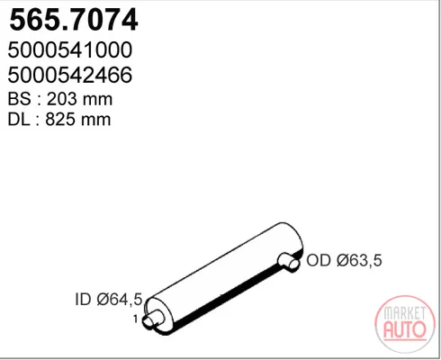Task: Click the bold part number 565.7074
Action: point(74,20)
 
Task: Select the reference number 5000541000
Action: point(70,49)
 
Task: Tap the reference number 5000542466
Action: point(70,75)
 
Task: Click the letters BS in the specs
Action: point(19,99)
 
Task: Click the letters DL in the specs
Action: point(19,120)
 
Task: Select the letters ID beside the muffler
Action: point(83,299)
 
